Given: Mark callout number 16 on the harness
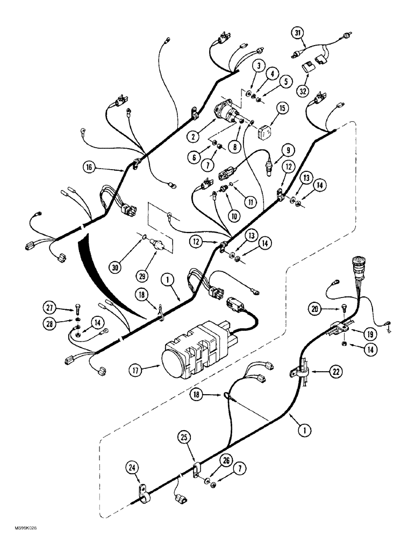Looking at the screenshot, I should click(90, 167).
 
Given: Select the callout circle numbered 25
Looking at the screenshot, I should click(184, 439).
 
